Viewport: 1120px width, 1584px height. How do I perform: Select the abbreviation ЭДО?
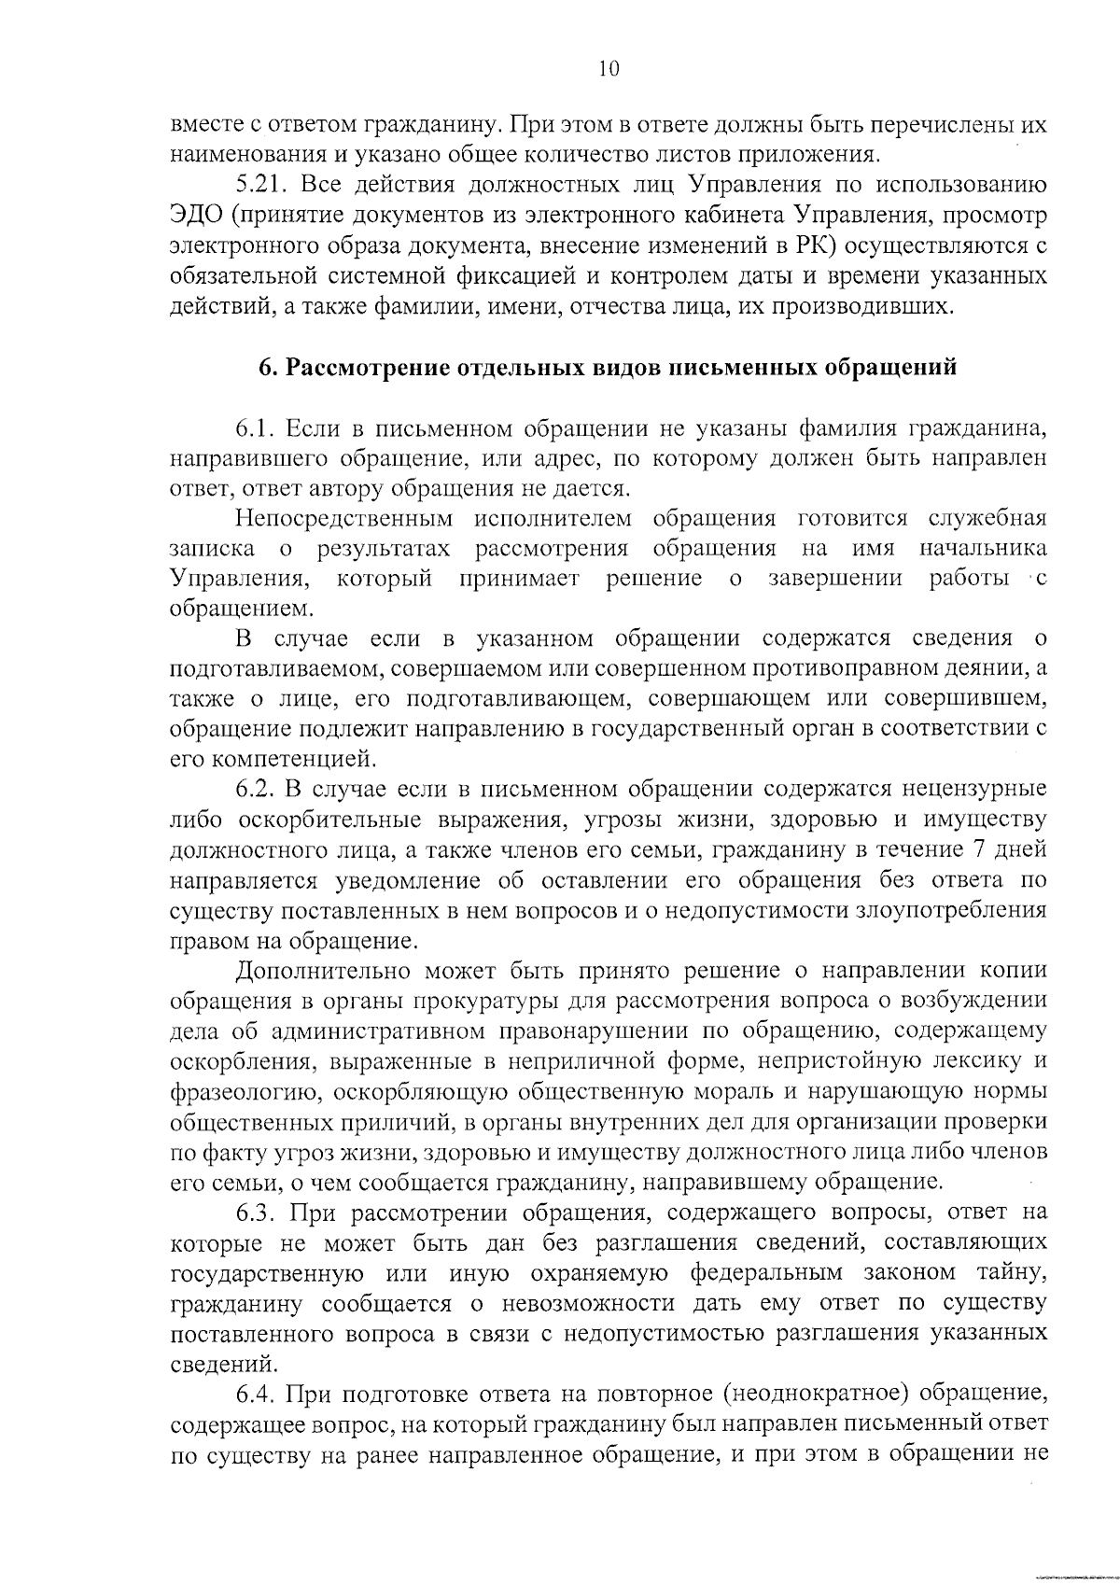pyautogui.click(x=196, y=216)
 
